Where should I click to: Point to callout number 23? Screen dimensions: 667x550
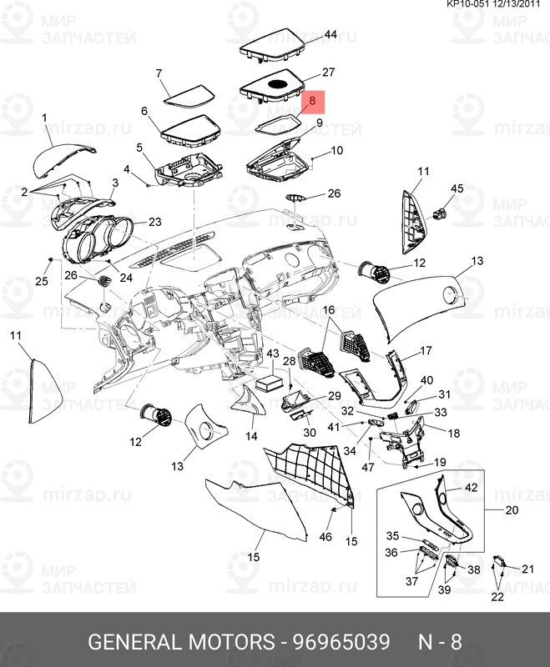pos(154,222)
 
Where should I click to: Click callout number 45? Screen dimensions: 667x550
pos(457,189)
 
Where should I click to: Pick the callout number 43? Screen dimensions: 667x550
pos(272,354)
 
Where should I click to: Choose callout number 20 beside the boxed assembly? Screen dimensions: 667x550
pos(512,510)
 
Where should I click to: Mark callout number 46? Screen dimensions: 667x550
pos(325,536)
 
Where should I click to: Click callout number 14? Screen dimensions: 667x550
pos(250,436)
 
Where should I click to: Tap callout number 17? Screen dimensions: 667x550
pos(426,350)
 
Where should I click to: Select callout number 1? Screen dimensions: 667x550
pos(44,119)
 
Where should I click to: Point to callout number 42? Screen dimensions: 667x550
pos(471,488)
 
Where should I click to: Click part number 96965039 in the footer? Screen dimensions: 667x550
pos(341,643)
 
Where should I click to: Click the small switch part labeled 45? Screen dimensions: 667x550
pos(441,212)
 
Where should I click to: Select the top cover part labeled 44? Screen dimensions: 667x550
pos(271,43)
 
